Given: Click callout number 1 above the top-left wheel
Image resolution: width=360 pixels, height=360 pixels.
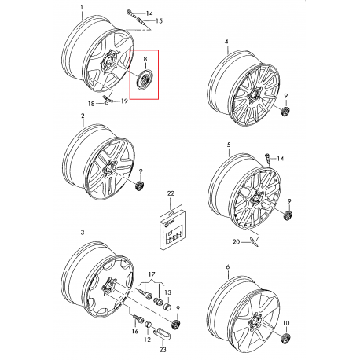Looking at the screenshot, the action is coord(82,7).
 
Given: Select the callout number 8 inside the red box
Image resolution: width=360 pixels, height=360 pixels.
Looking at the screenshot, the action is coord(145,59).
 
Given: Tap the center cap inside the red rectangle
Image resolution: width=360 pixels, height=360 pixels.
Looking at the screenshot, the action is coord(144,80).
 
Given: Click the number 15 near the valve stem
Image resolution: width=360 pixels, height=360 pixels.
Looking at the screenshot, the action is coord(159,20).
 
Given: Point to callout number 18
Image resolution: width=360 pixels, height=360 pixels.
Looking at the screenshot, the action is coord(91,104).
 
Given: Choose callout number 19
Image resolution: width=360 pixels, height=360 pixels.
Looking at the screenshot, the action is coord(124,101).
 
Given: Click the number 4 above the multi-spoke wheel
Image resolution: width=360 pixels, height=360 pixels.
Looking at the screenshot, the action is coord(226,42).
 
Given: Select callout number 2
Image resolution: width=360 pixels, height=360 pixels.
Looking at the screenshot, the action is coord(83,116).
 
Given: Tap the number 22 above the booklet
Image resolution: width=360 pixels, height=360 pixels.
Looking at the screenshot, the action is coord(171,193).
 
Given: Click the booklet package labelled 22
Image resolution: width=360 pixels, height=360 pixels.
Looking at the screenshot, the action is coord(171,230).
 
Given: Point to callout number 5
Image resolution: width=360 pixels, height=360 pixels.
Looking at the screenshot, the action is coord(229,145).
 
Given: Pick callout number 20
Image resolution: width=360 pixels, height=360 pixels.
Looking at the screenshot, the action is coord(236,241).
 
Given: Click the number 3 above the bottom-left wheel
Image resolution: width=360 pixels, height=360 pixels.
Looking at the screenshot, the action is coord(83,233).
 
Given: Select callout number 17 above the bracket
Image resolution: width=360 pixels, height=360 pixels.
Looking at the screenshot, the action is coord(152,274).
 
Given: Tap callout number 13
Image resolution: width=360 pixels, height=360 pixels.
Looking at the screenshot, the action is coord(167,292).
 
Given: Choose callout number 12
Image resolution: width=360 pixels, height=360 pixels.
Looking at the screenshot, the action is coord(148,340).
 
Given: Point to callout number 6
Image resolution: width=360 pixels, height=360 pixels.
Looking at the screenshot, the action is coord(227,267).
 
